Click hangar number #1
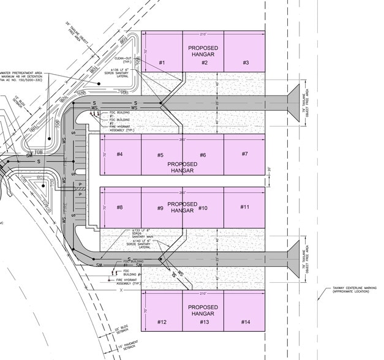pyautogui.click(x=162, y=63)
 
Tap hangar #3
pyautogui.click(x=245, y=63)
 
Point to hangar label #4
pyautogui.click(x=119, y=154)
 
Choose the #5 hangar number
pyautogui.click(x=160, y=156)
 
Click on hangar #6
pyautogui.click(x=202, y=156)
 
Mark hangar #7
pyautogui.click(x=244, y=154)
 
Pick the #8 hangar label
pyautogui.click(x=119, y=207)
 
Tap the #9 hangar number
pyautogui.click(x=160, y=209)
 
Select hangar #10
pyautogui.click(x=203, y=209)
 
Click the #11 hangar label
pyautogui.click(x=244, y=207)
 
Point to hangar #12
pyautogui.click(x=162, y=322)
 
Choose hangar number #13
pyautogui.click(x=205, y=322)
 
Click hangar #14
pyautogui.click(x=245, y=322)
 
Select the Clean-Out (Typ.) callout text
pyautogui.click(x=123, y=61)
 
